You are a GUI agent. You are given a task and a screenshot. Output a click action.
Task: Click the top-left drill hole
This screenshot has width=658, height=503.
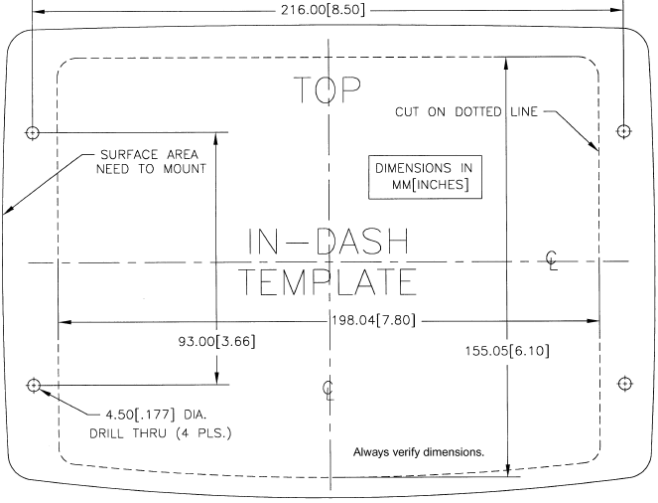coord(34,131)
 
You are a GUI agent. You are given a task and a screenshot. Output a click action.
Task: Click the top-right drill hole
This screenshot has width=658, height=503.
coord(624,131)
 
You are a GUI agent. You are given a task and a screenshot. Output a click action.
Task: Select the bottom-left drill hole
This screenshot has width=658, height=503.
coord(34,385)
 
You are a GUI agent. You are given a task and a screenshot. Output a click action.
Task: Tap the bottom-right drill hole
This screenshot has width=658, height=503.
coord(624,384)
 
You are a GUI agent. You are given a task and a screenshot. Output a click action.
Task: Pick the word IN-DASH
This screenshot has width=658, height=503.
coord(328,242)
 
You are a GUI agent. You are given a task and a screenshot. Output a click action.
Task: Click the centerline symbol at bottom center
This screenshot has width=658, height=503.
coord(329,388)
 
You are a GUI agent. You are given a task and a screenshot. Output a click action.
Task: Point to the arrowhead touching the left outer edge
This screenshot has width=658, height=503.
coord(8,211)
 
